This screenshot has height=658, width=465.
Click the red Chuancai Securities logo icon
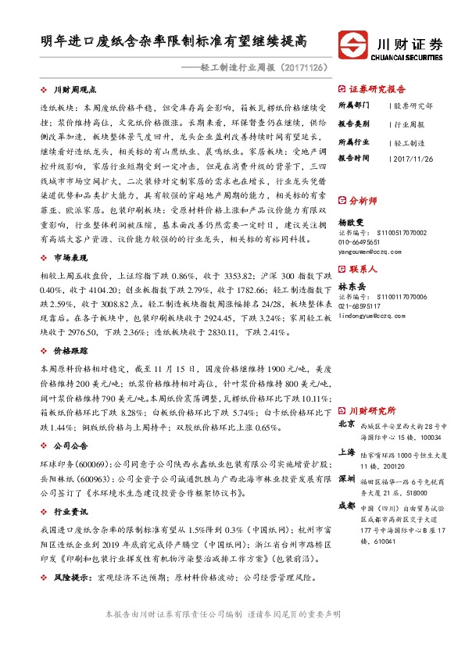[x=353, y=43]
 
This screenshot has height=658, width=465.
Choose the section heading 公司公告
[x=69, y=447]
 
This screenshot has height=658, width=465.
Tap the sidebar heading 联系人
[x=365, y=268]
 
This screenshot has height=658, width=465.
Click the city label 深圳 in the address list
[x=347, y=477]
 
